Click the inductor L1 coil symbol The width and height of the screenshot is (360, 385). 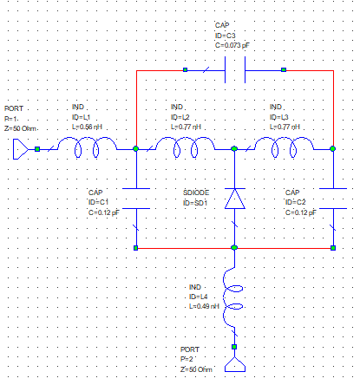point(88,139)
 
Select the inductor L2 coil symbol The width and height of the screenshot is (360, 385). point(186,139)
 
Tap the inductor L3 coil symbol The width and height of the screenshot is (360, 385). point(285,139)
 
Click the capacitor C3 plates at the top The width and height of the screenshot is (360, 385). point(235,69)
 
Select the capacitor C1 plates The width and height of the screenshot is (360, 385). point(136,199)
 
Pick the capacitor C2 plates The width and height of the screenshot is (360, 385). point(333,199)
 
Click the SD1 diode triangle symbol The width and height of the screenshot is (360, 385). point(235,199)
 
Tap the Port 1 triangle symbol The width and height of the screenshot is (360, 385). point(21,149)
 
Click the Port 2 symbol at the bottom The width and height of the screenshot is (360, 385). point(235,365)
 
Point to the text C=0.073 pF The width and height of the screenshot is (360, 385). point(232,45)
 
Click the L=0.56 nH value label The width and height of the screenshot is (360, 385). point(87,127)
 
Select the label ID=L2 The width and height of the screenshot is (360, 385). point(180,117)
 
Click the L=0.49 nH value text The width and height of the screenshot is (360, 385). point(204,306)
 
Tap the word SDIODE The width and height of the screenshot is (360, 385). point(196,192)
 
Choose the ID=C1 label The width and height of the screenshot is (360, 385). point(98,202)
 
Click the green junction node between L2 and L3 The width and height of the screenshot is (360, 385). point(234,149)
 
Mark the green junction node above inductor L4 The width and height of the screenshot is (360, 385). point(234,248)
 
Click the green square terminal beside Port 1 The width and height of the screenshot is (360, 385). point(37,149)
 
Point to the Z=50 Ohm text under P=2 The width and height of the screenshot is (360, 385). point(196,369)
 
